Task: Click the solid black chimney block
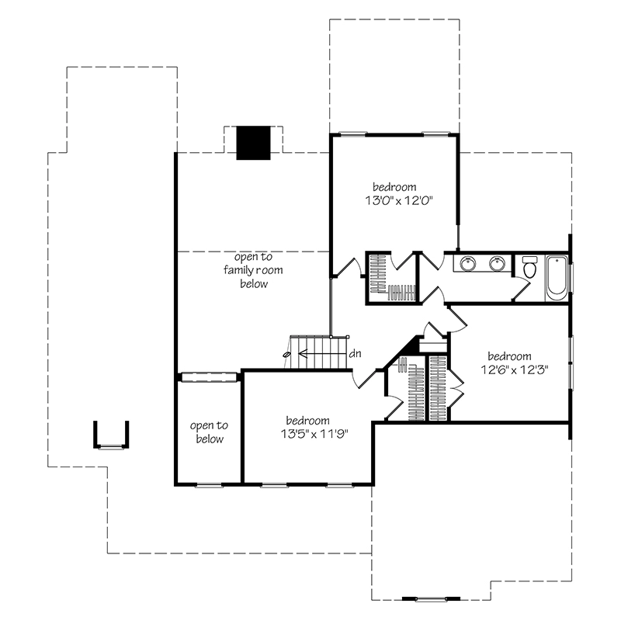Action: point(254,143)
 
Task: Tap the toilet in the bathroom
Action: point(529,267)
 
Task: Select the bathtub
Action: point(557,278)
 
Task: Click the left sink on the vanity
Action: point(468,263)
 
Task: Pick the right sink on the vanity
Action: point(497,263)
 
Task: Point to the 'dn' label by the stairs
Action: point(355,353)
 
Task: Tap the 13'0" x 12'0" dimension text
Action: point(398,201)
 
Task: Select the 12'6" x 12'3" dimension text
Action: point(514,370)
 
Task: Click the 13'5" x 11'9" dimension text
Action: point(314,435)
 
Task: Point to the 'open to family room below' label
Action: point(254,270)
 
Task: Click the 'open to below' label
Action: point(209,432)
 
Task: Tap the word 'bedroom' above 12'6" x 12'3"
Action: point(510,356)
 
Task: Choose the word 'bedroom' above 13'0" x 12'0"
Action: point(394,187)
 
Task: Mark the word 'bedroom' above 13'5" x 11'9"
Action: point(307,420)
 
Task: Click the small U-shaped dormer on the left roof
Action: point(111,435)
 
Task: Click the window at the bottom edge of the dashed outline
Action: point(431,598)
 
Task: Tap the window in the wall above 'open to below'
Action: point(209,377)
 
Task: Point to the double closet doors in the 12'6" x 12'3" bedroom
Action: point(457,390)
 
